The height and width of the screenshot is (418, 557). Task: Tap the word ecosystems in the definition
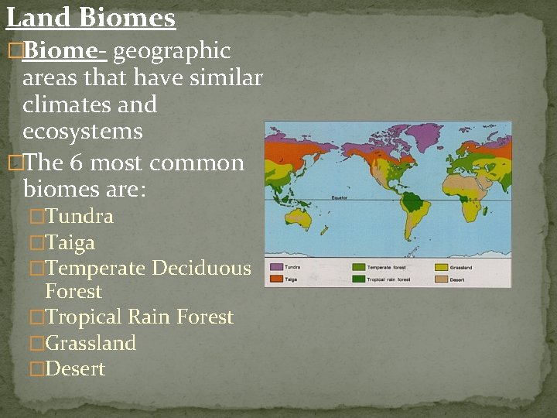point(83,132)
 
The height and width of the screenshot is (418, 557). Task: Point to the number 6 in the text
point(76,163)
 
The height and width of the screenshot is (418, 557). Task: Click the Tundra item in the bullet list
point(79,217)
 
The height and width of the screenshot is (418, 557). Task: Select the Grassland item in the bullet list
point(91,343)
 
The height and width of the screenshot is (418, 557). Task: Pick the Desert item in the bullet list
point(75,369)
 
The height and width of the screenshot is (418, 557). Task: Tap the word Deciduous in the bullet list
point(201,269)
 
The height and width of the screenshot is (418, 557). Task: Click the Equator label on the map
point(340,198)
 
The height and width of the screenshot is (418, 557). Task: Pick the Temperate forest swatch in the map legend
point(358,268)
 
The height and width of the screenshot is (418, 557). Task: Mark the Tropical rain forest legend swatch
point(358,279)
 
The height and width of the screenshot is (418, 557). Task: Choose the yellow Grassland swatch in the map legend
point(441,268)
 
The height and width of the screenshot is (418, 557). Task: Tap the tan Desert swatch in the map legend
point(441,279)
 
